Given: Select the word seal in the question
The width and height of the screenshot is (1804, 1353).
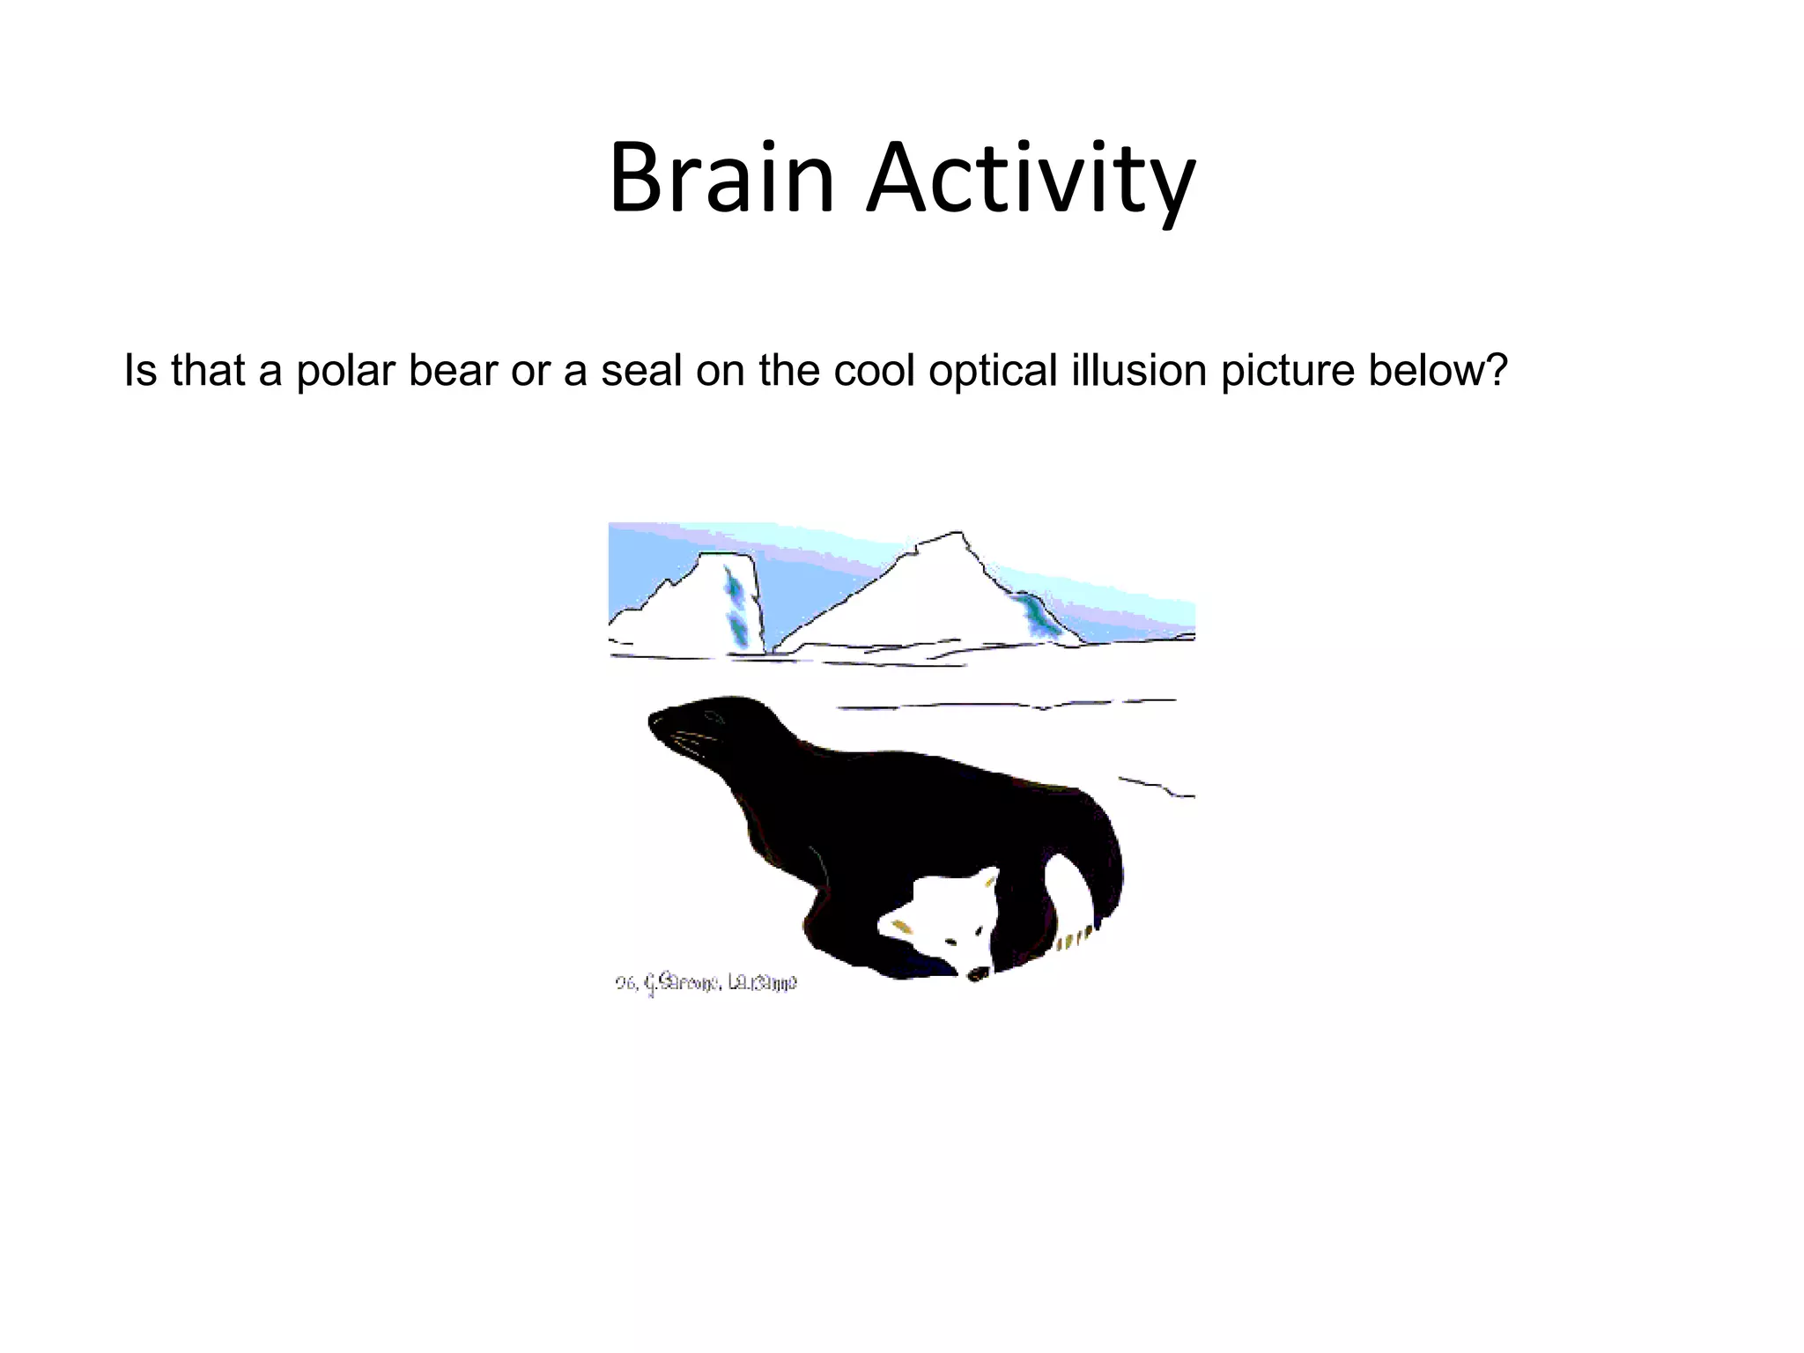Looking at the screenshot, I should click(x=641, y=371).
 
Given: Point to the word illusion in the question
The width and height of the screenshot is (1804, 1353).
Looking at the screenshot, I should click(x=1138, y=371).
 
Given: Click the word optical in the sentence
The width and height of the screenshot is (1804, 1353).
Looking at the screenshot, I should click(x=992, y=371).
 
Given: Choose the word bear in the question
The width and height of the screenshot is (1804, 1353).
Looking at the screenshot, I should click(x=453, y=371).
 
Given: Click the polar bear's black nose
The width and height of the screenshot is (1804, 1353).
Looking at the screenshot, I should click(x=978, y=974).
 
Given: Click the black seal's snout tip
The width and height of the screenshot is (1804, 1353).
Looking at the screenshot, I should click(x=654, y=721).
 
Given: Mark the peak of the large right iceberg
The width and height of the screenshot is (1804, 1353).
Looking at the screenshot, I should click(x=957, y=534).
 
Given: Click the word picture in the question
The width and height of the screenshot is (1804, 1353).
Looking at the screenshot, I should click(x=1288, y=371).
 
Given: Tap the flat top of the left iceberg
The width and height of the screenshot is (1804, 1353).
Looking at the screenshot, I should click(x=724, y=555).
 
